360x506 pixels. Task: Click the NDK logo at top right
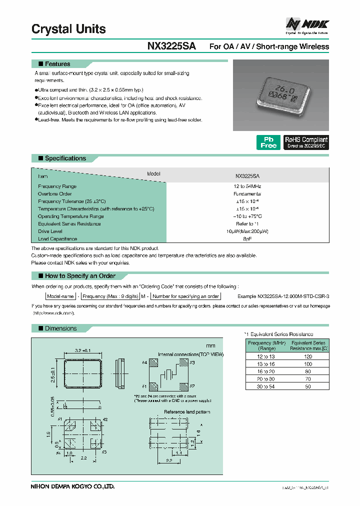pyautogui.click(x=307, y=23)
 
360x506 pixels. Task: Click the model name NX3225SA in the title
pyautogui.click(x=171, y=46)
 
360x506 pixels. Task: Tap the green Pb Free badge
pyautogui.click(x=268, y=142)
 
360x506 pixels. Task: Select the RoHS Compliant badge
pyautogui.click(x=306, y=142)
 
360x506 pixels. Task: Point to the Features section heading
pyautogui.click(x=57, y=64)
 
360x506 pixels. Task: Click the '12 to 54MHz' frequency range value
pyautogui.click(x=247, y=186)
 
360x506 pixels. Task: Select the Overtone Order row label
pyautogui.click(x=55, y=193)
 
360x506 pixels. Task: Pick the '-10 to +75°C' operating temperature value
pyautogui.click(x=247, y=216)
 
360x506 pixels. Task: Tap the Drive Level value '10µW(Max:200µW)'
pyautogui.click(x=247, y=231)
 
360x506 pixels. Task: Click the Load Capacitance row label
pyautogui.click(x=57, y=239)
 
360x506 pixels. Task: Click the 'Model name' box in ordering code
pyautogui.click(x=59, y=296)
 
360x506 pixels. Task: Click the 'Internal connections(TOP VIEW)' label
pyautogui.click(x=190, y=354)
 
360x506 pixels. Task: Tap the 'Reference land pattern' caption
pyautogui.click(x=187, y=412)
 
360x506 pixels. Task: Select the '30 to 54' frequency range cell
pyautogui.click(x=266, y=386)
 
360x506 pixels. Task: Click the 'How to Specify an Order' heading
pyautogui.click(x=80, y=276)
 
